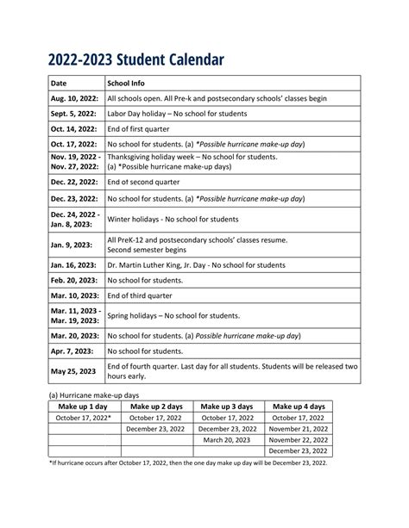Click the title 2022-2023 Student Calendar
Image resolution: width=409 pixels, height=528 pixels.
click(x=135, y=59)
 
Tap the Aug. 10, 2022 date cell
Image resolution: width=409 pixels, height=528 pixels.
click(x=72, y=99)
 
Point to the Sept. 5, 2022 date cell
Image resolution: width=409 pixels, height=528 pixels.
click(x=72, y=114)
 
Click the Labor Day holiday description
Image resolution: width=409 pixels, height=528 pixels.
click(x=188, y=114)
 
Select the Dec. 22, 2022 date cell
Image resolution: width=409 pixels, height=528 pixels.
click(x=73, y=183)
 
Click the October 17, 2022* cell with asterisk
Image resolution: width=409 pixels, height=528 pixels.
click(x=84, y=417)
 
